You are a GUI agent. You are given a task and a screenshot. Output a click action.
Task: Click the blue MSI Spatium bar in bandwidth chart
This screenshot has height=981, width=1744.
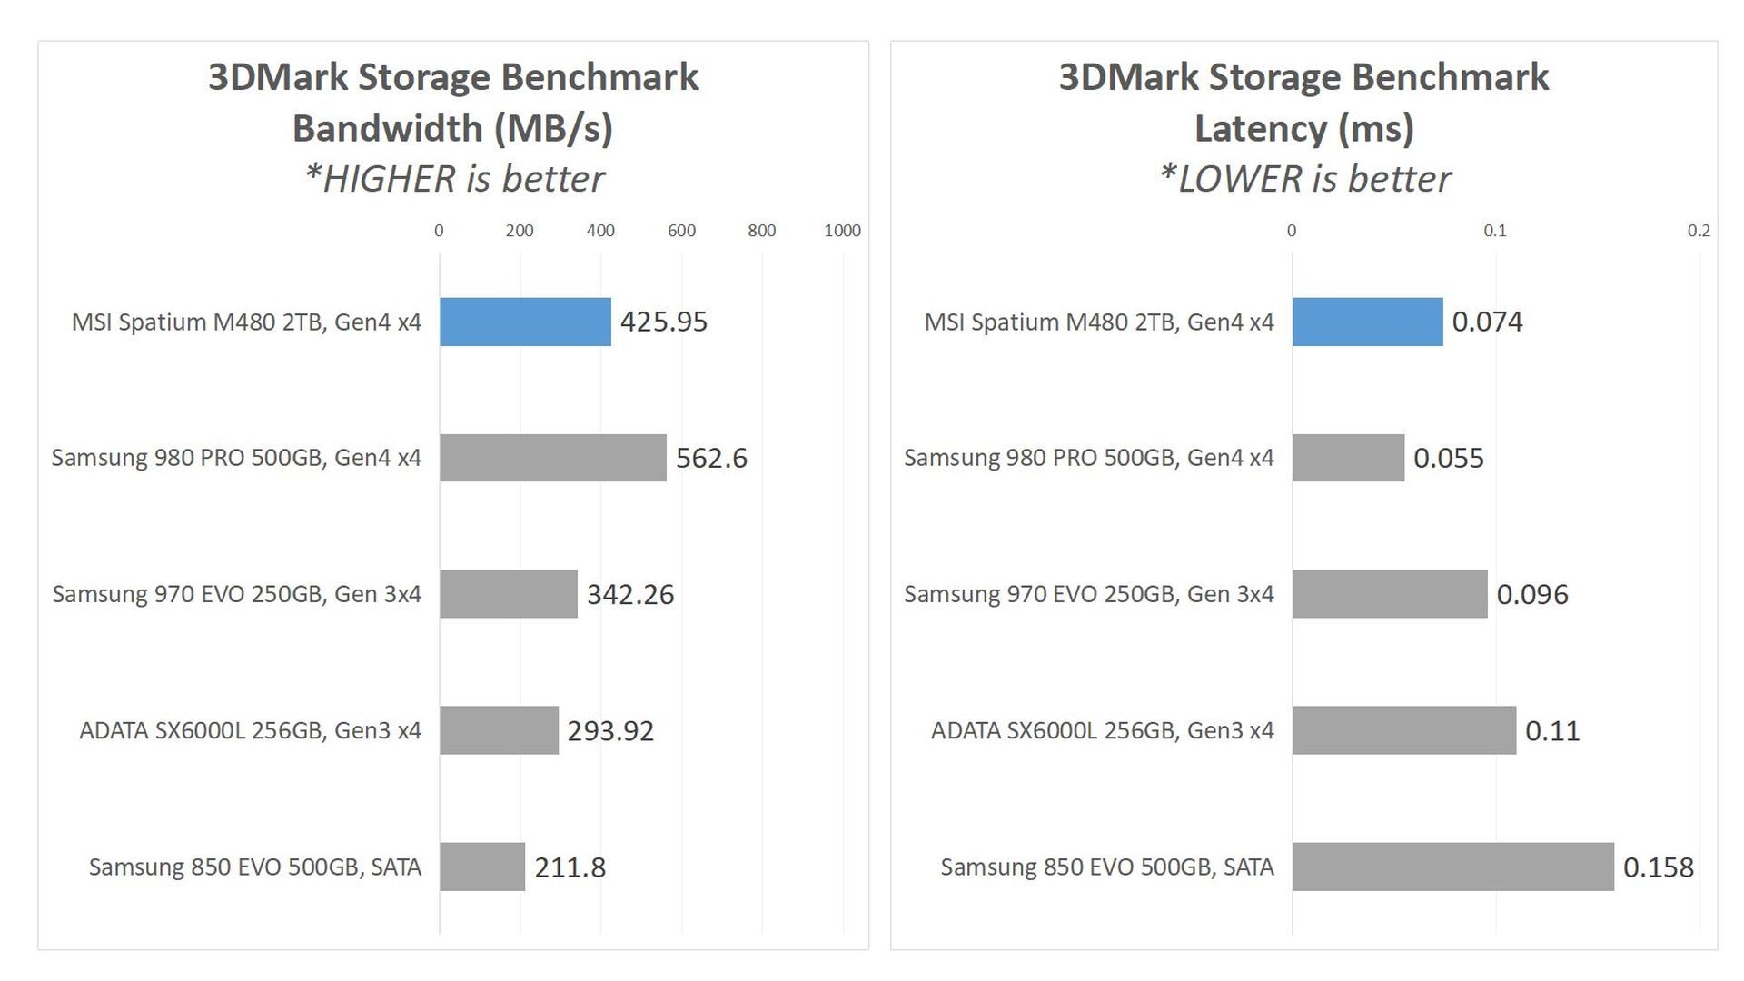[525, 322]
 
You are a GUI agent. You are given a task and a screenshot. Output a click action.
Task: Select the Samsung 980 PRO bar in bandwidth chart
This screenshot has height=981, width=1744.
[552, 458]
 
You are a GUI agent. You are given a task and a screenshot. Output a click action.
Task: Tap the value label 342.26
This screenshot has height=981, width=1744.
[630, 595]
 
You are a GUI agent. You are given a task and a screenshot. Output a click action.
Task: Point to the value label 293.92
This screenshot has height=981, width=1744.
[610, 731]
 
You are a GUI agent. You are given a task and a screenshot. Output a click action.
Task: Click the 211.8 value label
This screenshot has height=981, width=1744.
[570, 867]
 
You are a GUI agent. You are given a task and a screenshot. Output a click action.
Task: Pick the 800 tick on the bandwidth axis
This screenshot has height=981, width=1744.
[761, 231]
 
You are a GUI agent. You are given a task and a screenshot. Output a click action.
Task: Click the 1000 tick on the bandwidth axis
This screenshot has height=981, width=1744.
[842, 231]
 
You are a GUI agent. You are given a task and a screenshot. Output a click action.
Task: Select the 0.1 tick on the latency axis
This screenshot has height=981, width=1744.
[1495, 231]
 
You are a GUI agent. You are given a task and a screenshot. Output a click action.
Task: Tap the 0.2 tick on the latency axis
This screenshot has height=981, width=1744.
[1699, 231]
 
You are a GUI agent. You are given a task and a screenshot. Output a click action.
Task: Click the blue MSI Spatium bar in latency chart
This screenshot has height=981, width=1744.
[1367, 322]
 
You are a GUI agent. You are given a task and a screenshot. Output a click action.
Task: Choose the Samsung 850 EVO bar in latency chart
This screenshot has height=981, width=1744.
[1452, 867]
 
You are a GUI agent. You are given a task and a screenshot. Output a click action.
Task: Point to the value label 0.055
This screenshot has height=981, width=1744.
[1448, 458]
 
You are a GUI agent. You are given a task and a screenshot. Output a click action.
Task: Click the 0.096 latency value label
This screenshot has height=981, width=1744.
[1532, 595]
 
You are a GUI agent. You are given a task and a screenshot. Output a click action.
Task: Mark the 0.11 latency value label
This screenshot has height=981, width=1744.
[1552, 731]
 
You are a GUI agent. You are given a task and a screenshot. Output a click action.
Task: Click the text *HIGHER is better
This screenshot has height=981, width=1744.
[454, 179]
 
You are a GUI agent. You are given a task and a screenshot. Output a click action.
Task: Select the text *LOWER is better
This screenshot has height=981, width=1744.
[1305, 179]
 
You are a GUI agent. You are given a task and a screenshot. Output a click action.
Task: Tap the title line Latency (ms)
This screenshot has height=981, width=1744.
[1304, 128]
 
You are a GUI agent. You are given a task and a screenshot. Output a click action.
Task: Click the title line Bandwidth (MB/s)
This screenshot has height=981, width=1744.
[452, 128]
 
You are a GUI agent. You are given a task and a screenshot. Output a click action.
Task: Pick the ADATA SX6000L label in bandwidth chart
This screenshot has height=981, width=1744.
[250, 731]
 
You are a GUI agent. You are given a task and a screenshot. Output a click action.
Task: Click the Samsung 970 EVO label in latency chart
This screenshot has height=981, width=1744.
[1088, 594]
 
